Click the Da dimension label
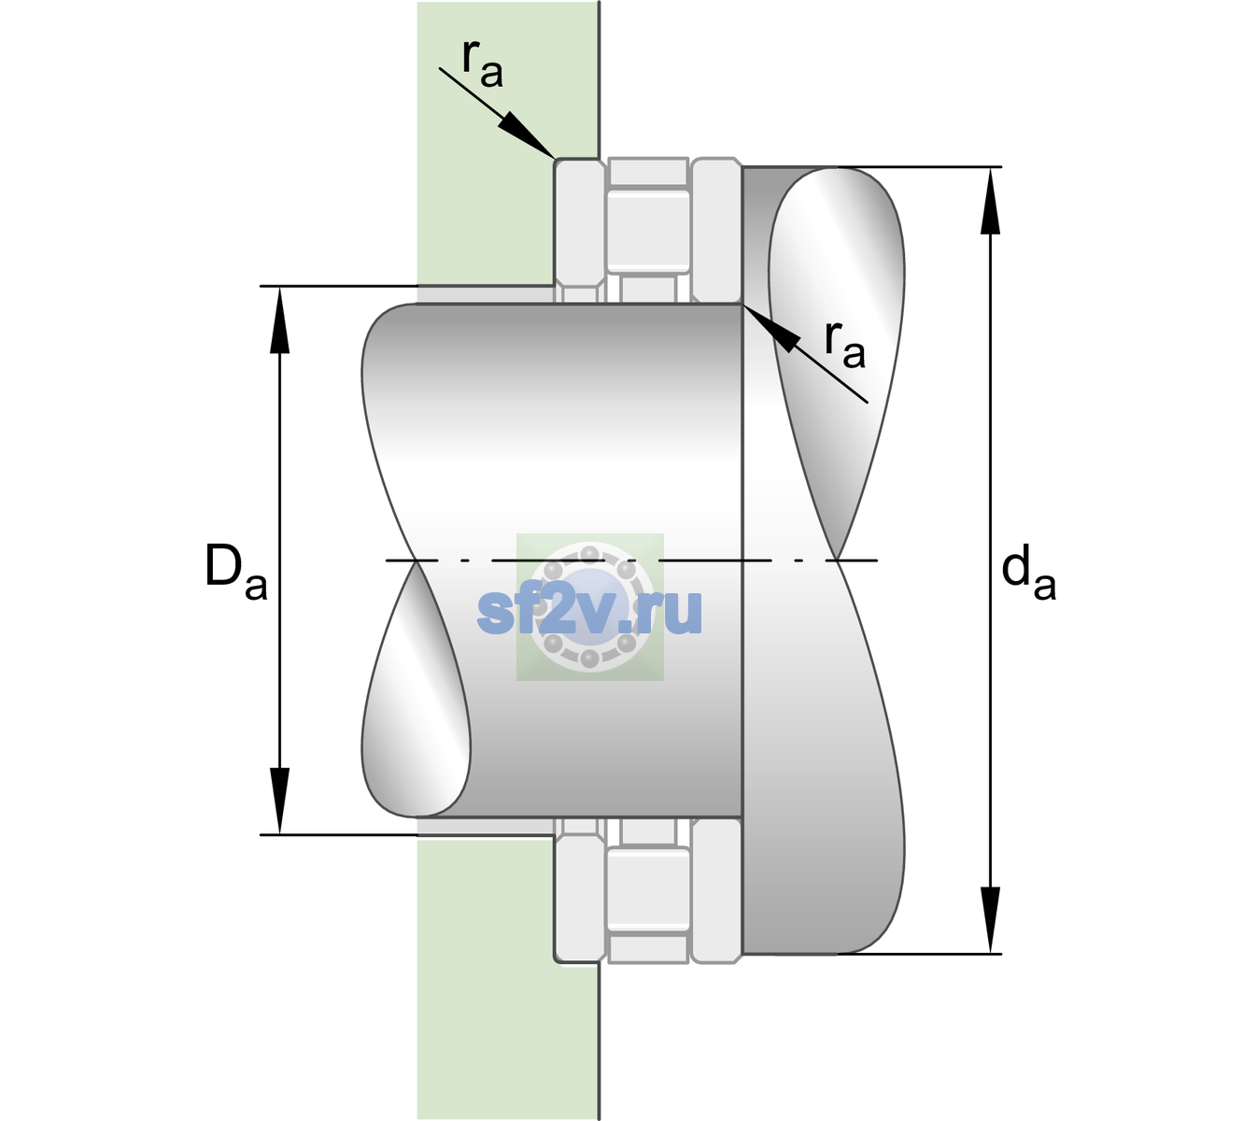click(235, 571)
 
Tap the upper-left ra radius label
click(482, 64)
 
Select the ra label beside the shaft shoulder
click(844, 345)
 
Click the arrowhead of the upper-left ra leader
click(526, 135)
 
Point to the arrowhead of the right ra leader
click(770, 328)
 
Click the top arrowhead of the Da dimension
click(280, 319)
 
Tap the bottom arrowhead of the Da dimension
click(280, 801)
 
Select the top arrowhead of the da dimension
click(990, 201)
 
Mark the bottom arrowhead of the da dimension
click(990, 920)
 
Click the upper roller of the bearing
click(648, 232)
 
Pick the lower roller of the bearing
click(648, 888)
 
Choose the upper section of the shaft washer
click(716, 231)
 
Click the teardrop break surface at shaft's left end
click(415, 689)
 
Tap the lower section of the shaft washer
click(716, 889)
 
